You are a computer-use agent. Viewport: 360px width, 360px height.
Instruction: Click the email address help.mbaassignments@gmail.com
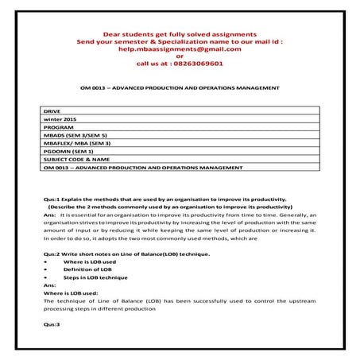coord(179,48)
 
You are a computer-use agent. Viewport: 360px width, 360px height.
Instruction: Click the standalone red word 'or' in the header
coord(180,56)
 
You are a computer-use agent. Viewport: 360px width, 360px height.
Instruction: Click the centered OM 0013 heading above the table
coord(180,86)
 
